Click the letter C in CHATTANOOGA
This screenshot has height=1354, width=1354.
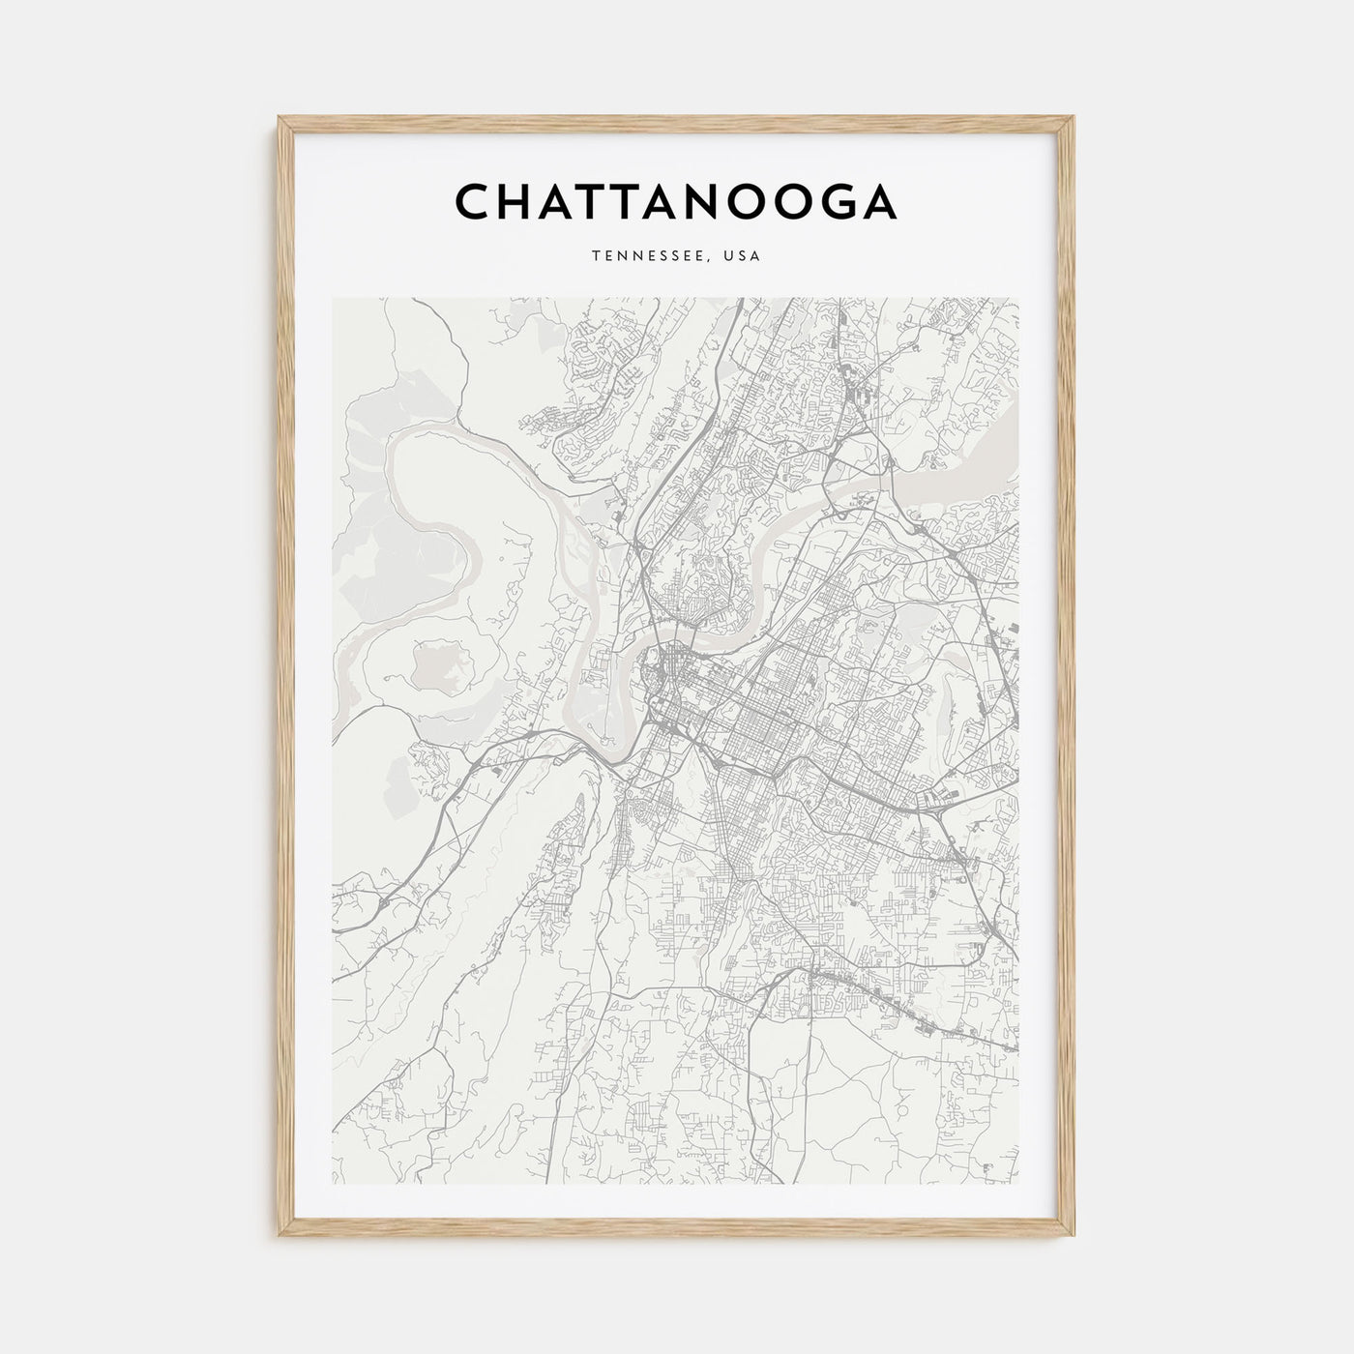[x=475, y=202]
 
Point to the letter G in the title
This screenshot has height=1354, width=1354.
[x=834, y=202]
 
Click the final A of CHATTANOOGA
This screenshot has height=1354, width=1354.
[x=878, y=202]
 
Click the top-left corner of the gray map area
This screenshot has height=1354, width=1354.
[x=333, y=298]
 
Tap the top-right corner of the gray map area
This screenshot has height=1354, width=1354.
[x=1019, y=298]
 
